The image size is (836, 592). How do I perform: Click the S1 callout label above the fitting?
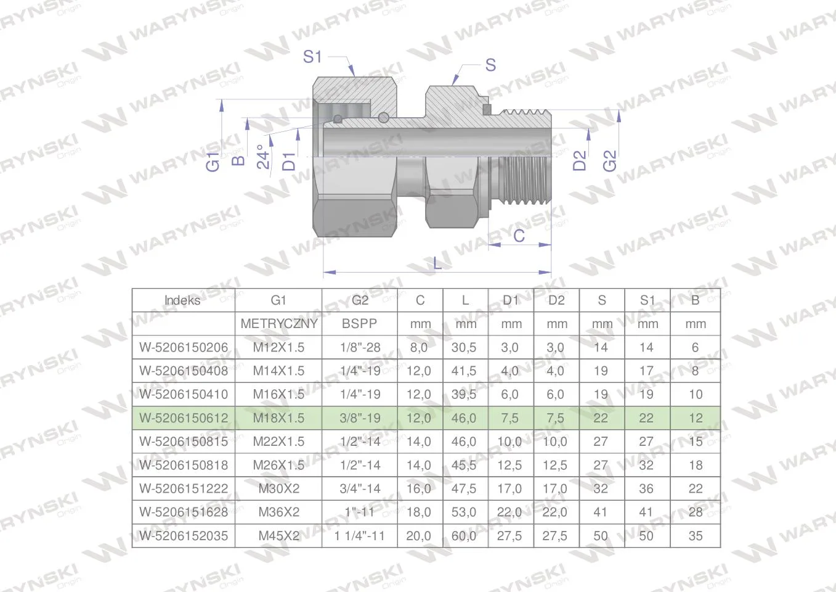[x=312, y=57]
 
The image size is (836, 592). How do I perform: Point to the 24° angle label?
[x=263, y=157]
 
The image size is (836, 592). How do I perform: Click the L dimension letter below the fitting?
[x=437, y=264]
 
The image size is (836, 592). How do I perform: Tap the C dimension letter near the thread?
[x=519, y=236]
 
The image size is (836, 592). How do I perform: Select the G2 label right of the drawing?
[x=610, y=161]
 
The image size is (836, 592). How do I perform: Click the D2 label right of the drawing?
[x=580, y=160]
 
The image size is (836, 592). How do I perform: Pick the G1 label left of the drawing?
[x=213, y=162]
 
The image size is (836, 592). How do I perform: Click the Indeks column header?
[x=182, y=300]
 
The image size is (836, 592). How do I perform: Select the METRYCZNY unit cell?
[x=279, y=324]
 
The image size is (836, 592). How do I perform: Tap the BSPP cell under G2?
[x=359, y=324]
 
